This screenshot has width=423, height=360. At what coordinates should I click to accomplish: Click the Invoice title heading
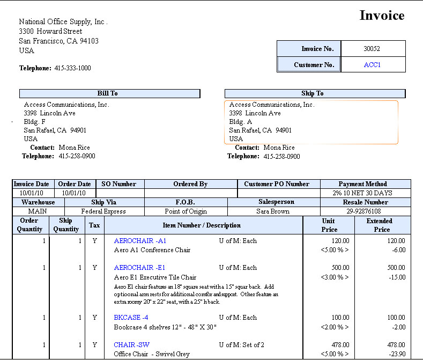(381, 16)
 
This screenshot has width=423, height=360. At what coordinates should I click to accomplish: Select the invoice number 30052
(372, 49)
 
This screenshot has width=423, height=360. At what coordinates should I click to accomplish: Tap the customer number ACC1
(372, 65)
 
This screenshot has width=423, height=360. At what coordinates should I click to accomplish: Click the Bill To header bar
(109, 93)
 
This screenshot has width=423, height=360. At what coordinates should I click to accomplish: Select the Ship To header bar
(312, 93)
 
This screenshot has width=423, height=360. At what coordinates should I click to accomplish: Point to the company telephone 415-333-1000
(72, 68)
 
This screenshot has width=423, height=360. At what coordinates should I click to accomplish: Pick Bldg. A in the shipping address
(240, 122)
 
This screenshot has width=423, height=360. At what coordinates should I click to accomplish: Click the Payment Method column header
(362, 184)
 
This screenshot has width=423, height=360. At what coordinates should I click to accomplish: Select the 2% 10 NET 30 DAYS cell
(362, 193)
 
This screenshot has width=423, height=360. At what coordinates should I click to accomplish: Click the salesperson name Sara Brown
(273, 211)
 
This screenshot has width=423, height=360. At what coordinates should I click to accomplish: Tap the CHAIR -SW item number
(131, 345)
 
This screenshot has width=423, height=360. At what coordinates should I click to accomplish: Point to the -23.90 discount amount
(396, 354)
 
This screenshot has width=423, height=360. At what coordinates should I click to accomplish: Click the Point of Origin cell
(185, 211)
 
